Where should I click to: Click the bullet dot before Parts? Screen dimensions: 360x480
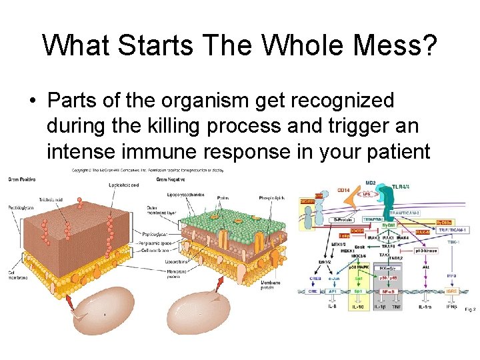click(32, 101)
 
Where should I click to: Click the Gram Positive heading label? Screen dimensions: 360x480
click(22, 179)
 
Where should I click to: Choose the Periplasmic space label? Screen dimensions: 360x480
click(159, 243)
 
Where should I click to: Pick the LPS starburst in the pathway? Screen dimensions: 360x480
click(366, 195)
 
